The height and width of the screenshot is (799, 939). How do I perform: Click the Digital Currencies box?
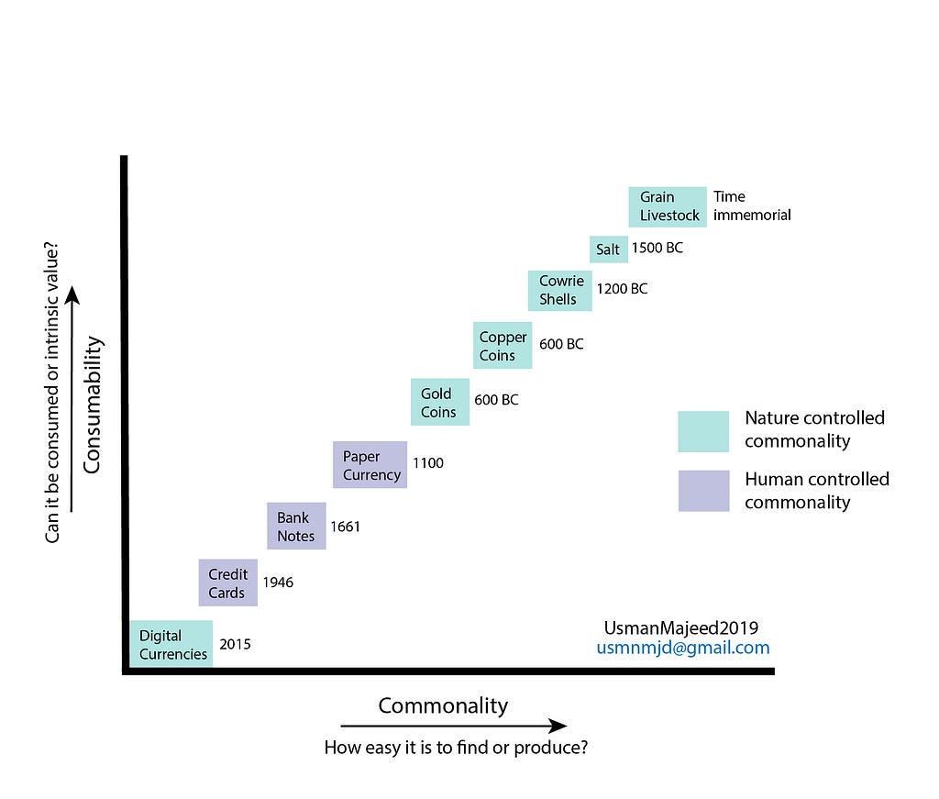[x=172, y=644]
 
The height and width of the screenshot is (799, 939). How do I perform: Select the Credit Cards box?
[x=227, y=583]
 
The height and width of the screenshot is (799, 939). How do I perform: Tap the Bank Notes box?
[x=296, y=526]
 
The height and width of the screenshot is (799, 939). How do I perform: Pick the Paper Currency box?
[x=370, y=465]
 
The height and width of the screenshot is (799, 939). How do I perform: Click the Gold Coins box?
[x=439, y=403]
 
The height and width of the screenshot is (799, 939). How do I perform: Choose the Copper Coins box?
[x=503, y=346]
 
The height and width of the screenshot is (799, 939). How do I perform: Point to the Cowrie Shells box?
[x=559, y=290]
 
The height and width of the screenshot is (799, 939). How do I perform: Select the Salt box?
[x=608, y=249]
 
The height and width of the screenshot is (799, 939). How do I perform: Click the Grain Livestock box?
[x=668, y=205]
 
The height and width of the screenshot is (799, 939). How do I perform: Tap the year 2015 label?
[x=235, y=644]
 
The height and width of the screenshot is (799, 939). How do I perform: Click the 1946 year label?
[x=278, y=582]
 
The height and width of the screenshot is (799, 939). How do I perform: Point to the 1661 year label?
[x=345, y=527]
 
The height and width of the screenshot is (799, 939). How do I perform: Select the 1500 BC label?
[x=657, y=248]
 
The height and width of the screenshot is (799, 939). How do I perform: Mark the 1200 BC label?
[x=622, y=289]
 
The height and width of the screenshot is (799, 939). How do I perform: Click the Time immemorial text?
[x=751, y=205]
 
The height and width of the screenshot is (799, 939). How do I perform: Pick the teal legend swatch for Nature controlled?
[x=703, y=431]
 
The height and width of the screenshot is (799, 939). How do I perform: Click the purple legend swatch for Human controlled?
[x=703, y=491]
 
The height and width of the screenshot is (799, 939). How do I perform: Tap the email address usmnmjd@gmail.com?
[x=683, y=648]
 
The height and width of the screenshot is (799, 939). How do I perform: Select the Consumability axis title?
[x=92, y=405]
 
